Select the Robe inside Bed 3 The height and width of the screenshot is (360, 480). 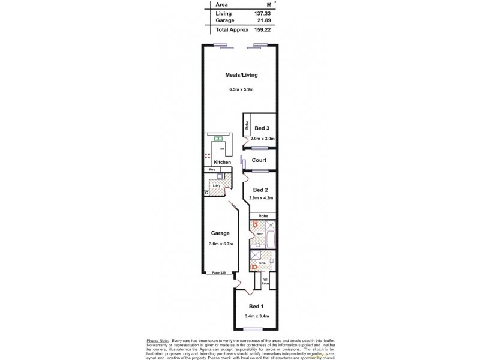[247, 126]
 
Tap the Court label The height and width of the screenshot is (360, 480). [259, 160]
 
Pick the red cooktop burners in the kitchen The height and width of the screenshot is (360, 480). [208, 157]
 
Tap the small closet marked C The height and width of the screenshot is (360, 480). [206, 193]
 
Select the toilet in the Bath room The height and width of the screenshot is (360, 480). [255, 226]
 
